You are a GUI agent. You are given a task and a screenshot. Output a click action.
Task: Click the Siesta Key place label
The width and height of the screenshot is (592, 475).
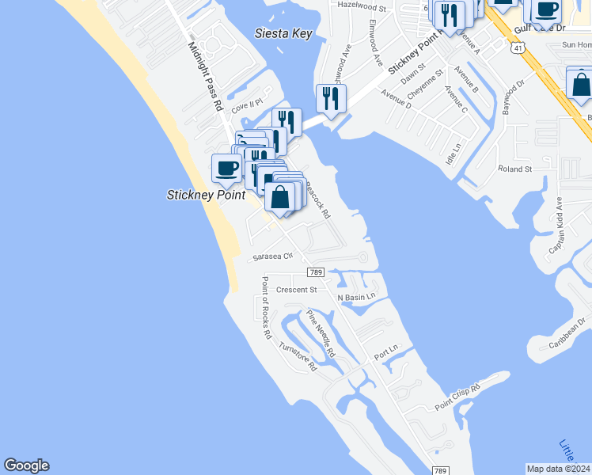pyautogui.click(x=283, y=33)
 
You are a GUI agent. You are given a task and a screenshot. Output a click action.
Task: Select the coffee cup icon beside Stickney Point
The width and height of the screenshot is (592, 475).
pyautogui.click(x=227, y=168)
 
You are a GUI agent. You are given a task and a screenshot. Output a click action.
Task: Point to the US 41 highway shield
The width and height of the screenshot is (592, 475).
pyautogui.click(x=517, y=48)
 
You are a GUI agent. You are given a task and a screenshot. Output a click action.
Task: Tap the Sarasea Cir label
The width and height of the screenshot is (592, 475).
pyautogui.click(x=272, y=256)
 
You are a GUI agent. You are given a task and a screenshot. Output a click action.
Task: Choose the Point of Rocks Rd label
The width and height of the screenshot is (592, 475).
pyautogui.click(x=265, y=308)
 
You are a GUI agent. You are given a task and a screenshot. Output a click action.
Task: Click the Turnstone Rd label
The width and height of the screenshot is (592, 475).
pyautogui.click(x=298, y=357)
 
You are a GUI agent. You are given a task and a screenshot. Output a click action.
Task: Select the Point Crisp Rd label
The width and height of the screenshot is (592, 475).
pyautogui.click(x=458, y=397)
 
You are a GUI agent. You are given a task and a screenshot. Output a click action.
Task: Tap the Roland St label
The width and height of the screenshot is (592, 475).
pyautogui.click(x=514, y=169)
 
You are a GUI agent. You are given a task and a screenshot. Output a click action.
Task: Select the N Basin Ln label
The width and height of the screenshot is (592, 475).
pyautogui.click(x=356, y=297)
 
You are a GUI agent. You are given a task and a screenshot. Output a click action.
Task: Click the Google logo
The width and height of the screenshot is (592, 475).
pyautogui.click(x=26, y=465)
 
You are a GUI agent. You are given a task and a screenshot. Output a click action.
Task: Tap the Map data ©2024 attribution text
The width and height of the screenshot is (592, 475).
pyautogui.click(x=558, y=469)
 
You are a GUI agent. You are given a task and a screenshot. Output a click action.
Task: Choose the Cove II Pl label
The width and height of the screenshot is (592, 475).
pyautogui.click(x=246, y=103)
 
